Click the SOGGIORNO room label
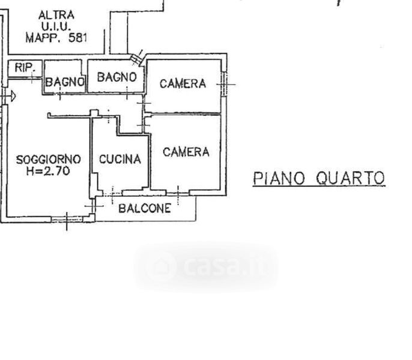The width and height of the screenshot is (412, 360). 48,160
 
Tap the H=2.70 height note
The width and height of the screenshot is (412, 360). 48,171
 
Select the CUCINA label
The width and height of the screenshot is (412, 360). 120,160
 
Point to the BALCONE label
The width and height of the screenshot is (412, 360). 145,209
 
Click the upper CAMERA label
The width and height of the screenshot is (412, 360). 183,84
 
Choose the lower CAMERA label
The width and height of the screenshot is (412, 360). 186,152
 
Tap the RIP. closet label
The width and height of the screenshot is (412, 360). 25,68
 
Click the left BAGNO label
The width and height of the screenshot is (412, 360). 64,83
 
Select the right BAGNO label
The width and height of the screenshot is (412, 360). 117,77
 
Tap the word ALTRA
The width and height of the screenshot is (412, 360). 56,15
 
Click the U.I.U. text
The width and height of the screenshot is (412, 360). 56,26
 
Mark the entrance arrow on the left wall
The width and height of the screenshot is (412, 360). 10,95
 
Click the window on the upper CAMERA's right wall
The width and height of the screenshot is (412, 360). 225,83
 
